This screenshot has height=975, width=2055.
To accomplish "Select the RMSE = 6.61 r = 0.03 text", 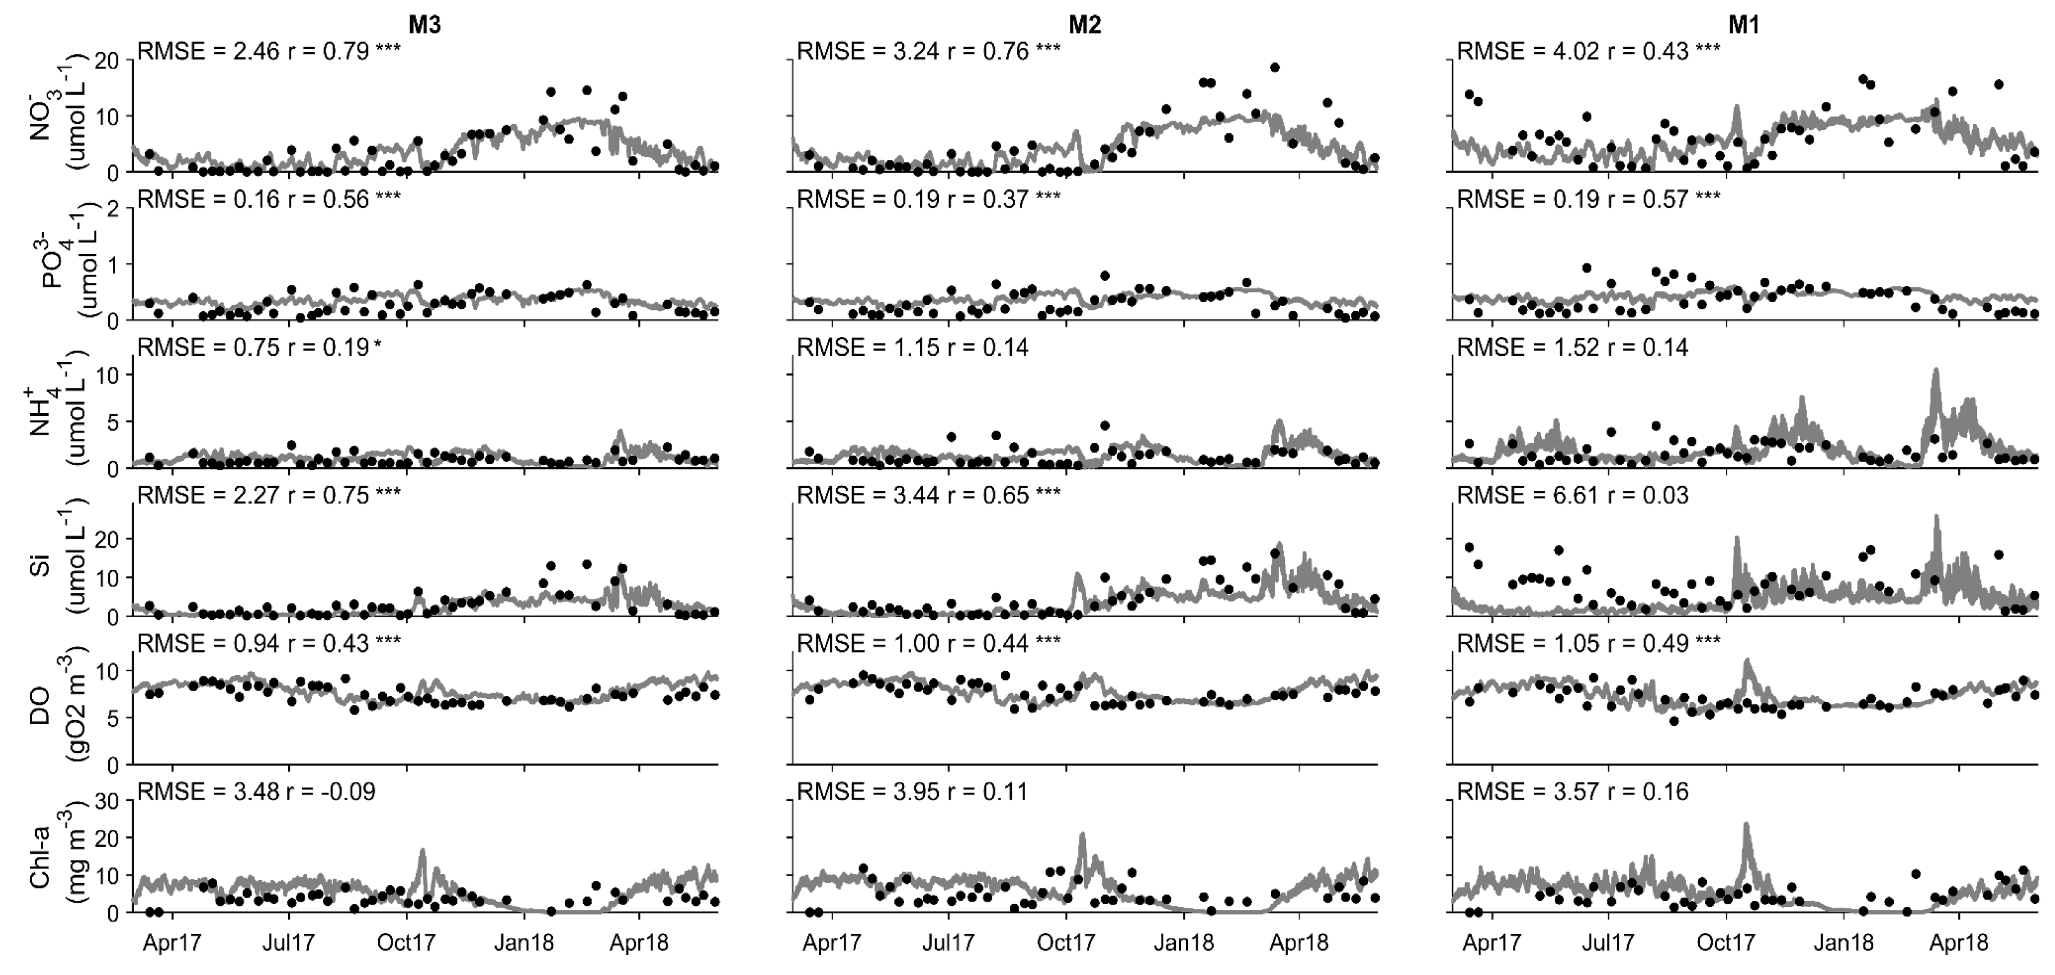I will click(x=1572, y=496).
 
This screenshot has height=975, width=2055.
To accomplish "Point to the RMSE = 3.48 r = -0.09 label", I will click(x=256, y=791).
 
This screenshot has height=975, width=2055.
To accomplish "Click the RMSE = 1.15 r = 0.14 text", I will click(x=912, y=348).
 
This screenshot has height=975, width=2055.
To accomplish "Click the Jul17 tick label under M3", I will click(x=289, y=943).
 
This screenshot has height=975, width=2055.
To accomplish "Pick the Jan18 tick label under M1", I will click(x=1843, y=943).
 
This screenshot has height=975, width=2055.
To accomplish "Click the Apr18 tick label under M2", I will click(x=1299, y=943).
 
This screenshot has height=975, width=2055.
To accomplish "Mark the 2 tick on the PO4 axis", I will click(x=113, y=208).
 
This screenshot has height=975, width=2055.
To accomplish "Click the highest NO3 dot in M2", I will click(x=1275, y=68).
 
